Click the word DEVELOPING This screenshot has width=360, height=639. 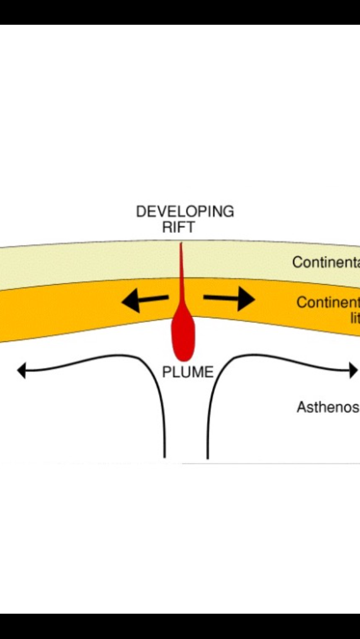pyautogui.click(x=185, y=212)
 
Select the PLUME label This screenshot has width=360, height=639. pyautogui.click(x=188, y=372)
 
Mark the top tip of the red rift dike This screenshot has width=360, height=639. pyautogui.click(x=181, y=244)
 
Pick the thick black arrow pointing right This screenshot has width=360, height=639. pyautogui.click(x=229, y=299)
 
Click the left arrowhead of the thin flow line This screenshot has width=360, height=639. pyautogui.click(x=21, y=371)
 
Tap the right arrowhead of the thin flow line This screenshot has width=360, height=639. pyautogui.click(x=354, y=370)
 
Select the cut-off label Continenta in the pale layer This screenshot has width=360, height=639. pyautogui.click(x=326, y=262)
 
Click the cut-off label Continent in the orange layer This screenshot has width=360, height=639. pyautogui.click(x=328, y=303)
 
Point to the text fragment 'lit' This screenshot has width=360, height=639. pyautogui.click(x=354, y=318)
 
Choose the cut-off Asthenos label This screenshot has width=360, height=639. pyautogui.click(x=328, y=407)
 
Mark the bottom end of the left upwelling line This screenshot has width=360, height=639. pyautogui.click(x=165, y=457)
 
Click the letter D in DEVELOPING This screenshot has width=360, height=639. pyautogui.click(x=141, y=212)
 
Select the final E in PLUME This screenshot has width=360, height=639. pyautogui.click(x=209, y=372)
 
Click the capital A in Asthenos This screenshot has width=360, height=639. pyautogui.click(x=301, y=407)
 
